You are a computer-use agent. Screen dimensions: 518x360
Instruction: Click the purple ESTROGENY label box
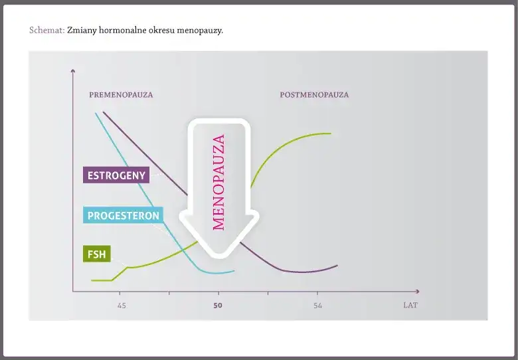pos(116,175)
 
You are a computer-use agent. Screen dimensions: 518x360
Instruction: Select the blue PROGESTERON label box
pos(124,215)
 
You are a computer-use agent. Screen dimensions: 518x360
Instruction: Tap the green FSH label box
pos(97,254)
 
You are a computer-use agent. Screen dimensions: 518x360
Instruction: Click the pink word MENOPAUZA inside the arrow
pos(218,182)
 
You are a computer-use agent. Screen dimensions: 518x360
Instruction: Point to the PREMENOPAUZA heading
pos(121,95)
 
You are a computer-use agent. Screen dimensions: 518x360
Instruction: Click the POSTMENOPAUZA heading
pos(314,95)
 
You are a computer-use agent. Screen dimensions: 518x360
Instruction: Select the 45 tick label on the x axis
pos(122,306)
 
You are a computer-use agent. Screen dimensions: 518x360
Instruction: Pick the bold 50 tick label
pos(218,306)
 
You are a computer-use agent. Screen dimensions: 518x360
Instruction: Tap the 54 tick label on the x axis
pos(317,306)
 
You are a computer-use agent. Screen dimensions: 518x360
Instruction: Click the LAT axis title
pos(410,305)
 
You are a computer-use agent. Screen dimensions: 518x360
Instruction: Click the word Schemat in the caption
pos(47,31)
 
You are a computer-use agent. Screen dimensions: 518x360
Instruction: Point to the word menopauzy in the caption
pos(200,31)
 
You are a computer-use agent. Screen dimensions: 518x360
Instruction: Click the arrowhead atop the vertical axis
pos(73,70)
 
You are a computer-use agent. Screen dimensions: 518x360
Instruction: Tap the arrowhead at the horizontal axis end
pos(418,292)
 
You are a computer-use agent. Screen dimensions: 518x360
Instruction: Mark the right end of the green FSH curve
pos(331,134)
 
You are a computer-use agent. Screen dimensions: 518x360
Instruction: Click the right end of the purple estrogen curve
pos(337,265)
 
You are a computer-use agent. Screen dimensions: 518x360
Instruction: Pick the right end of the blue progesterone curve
pos(234,271)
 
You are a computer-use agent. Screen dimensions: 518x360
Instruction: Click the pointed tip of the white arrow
pos(219,257)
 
